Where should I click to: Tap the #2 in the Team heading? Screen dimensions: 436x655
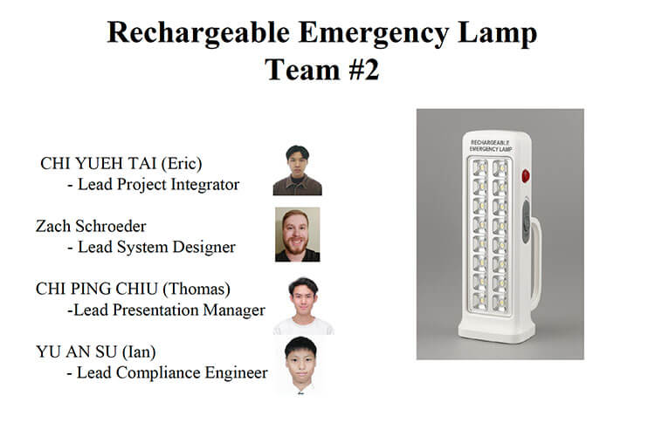tap(360, 69)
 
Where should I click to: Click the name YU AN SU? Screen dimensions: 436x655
tap(77, 352)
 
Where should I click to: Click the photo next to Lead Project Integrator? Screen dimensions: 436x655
tap(297, 170)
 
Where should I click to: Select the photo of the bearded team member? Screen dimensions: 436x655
tap(297, 234)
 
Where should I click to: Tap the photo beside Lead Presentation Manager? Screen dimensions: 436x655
tap(302, 305)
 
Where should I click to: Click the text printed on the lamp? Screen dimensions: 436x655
tap(491, 144)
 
